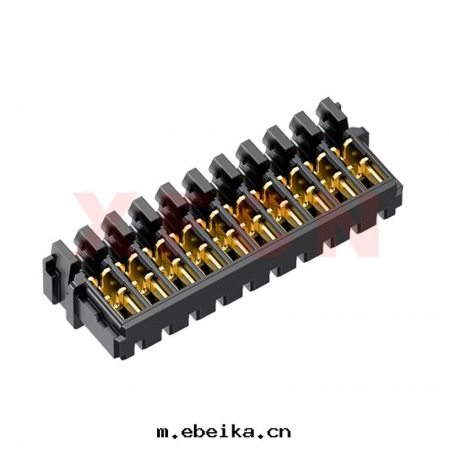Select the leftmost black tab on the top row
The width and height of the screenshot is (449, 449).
[x=87, y=238]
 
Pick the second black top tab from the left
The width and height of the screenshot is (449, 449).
[x=114, y=222]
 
